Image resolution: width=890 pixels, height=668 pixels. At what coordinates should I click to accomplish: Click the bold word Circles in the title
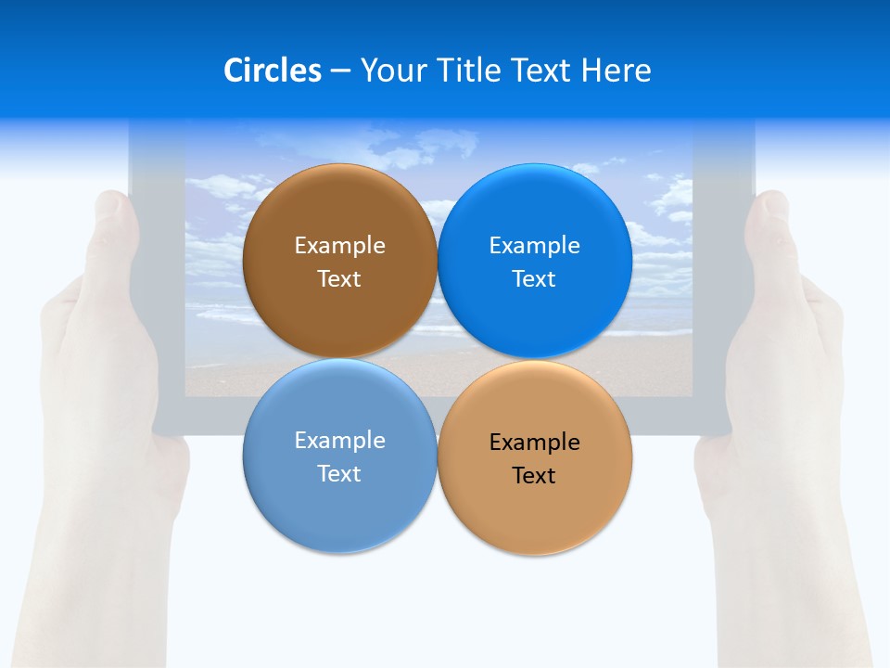click(x=272, y=71)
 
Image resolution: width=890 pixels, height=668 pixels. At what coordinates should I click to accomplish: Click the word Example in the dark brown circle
click(x=339, y=246)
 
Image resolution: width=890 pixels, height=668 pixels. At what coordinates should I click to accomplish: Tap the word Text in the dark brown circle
click(x=339, y=278)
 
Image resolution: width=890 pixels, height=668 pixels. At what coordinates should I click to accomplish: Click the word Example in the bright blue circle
click(x=534, y=246)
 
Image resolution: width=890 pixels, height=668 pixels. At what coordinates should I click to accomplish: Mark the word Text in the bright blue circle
click(x=534, y=278)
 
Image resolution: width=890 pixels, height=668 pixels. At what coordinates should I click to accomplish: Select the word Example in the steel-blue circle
click(x=339, y=441)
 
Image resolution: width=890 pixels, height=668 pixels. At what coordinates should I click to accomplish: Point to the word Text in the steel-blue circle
click(x=339, y=473)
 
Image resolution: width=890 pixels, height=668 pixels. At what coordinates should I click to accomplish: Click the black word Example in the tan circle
click(x=534, y=443)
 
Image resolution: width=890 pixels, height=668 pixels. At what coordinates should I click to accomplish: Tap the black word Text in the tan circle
click(x=534, y=475)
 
